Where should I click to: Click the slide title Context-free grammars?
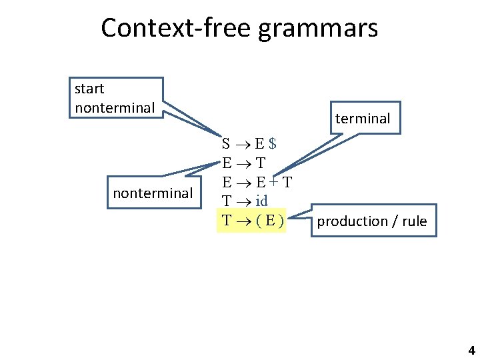pyautogui.click(x=239, y=28)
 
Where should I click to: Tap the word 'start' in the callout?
pyautogui.click(x=89, y=89)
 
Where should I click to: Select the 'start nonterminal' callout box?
pyautogui.click(x=116, y=98)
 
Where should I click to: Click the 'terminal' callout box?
pyautogui.click(x=362, y=118)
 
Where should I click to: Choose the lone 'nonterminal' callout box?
pyautogui.click(x=153, y=193)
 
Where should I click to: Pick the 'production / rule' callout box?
pyautogui.click(x=371, y=221)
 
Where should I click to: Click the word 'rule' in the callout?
pyautogui.click(x=414, y=221)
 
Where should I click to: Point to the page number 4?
pyautogui.click(x=471, y=351)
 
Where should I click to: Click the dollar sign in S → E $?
pyautogui.click(x=273, y=143)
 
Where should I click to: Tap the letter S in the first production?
pyautogui.click(x=227, y=143)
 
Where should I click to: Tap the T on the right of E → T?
pyautogui.click(x=260, y=163)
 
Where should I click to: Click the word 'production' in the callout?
pyautogui.click(x=353, y=221)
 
